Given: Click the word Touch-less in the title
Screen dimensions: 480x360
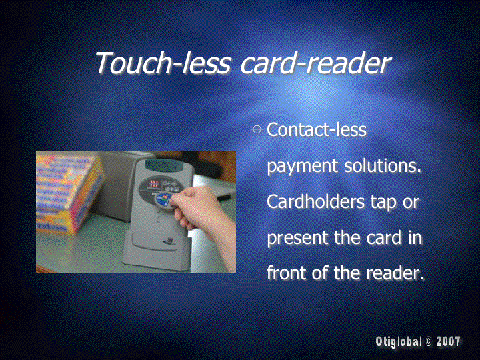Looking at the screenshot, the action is click(x=163, y=63).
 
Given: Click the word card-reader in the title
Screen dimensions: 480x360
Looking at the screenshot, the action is click(x=315, y=63).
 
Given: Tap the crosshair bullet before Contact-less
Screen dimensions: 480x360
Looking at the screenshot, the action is click(x=257, y=129).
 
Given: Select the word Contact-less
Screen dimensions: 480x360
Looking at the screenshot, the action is click(x=317, y=129).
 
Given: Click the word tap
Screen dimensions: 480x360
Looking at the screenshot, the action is click(x=383, y=203).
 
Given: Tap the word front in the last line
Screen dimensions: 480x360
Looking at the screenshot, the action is click(x=287, y=273).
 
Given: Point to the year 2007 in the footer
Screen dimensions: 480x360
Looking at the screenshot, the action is click(x=448, y=341).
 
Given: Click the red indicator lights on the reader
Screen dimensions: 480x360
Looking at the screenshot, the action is click(x=154, y=184).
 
